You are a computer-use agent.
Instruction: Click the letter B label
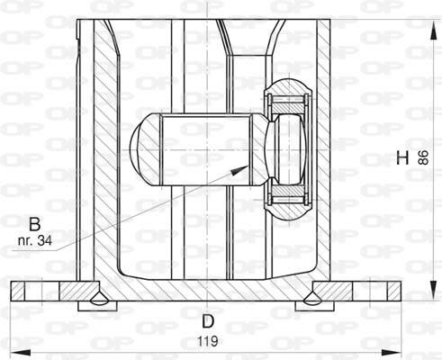[34, 221]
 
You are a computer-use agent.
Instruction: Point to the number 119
[208, 341]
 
